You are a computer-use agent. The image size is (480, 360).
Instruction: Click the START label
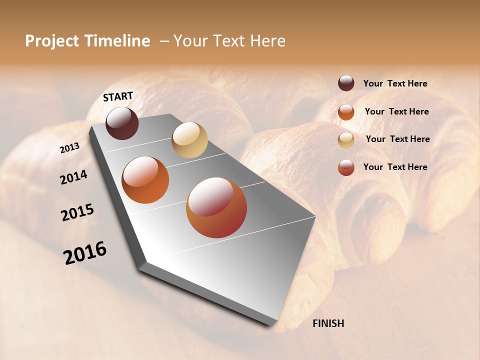[x=118, y=96]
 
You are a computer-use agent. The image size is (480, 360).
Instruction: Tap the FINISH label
[x=328, y=323]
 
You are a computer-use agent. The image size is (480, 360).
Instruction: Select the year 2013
[x=69, y=147]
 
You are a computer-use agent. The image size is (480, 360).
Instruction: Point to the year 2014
[x=73, y=177]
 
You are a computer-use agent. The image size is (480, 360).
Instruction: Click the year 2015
[x=77, y=212]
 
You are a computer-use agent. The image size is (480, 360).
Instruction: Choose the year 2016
[x=85, y=253]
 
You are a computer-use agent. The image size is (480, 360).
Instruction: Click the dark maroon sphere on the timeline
[x=122, y=123]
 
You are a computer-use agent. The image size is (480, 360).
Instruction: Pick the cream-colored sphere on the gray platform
[x=189, y=140]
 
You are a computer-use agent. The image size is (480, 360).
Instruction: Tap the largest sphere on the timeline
[x=216, y=207]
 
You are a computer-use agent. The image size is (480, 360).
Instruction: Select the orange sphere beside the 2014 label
[x=145, y=180]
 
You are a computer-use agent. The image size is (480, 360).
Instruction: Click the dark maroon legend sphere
[x=346, y=83]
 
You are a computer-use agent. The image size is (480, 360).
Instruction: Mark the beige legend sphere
[x=346, y=140]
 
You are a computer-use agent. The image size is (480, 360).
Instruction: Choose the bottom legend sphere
[x=346, y=167]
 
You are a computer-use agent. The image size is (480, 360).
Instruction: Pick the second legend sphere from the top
[x=346, y=112]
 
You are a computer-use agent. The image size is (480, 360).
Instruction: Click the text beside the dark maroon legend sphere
[x=395, y=84]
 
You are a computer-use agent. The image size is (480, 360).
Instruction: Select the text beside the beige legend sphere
[x=397, y=139]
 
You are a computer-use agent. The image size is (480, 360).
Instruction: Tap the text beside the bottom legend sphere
[x=395, y=167]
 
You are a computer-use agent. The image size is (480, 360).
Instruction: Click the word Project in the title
[x=52, y=41]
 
